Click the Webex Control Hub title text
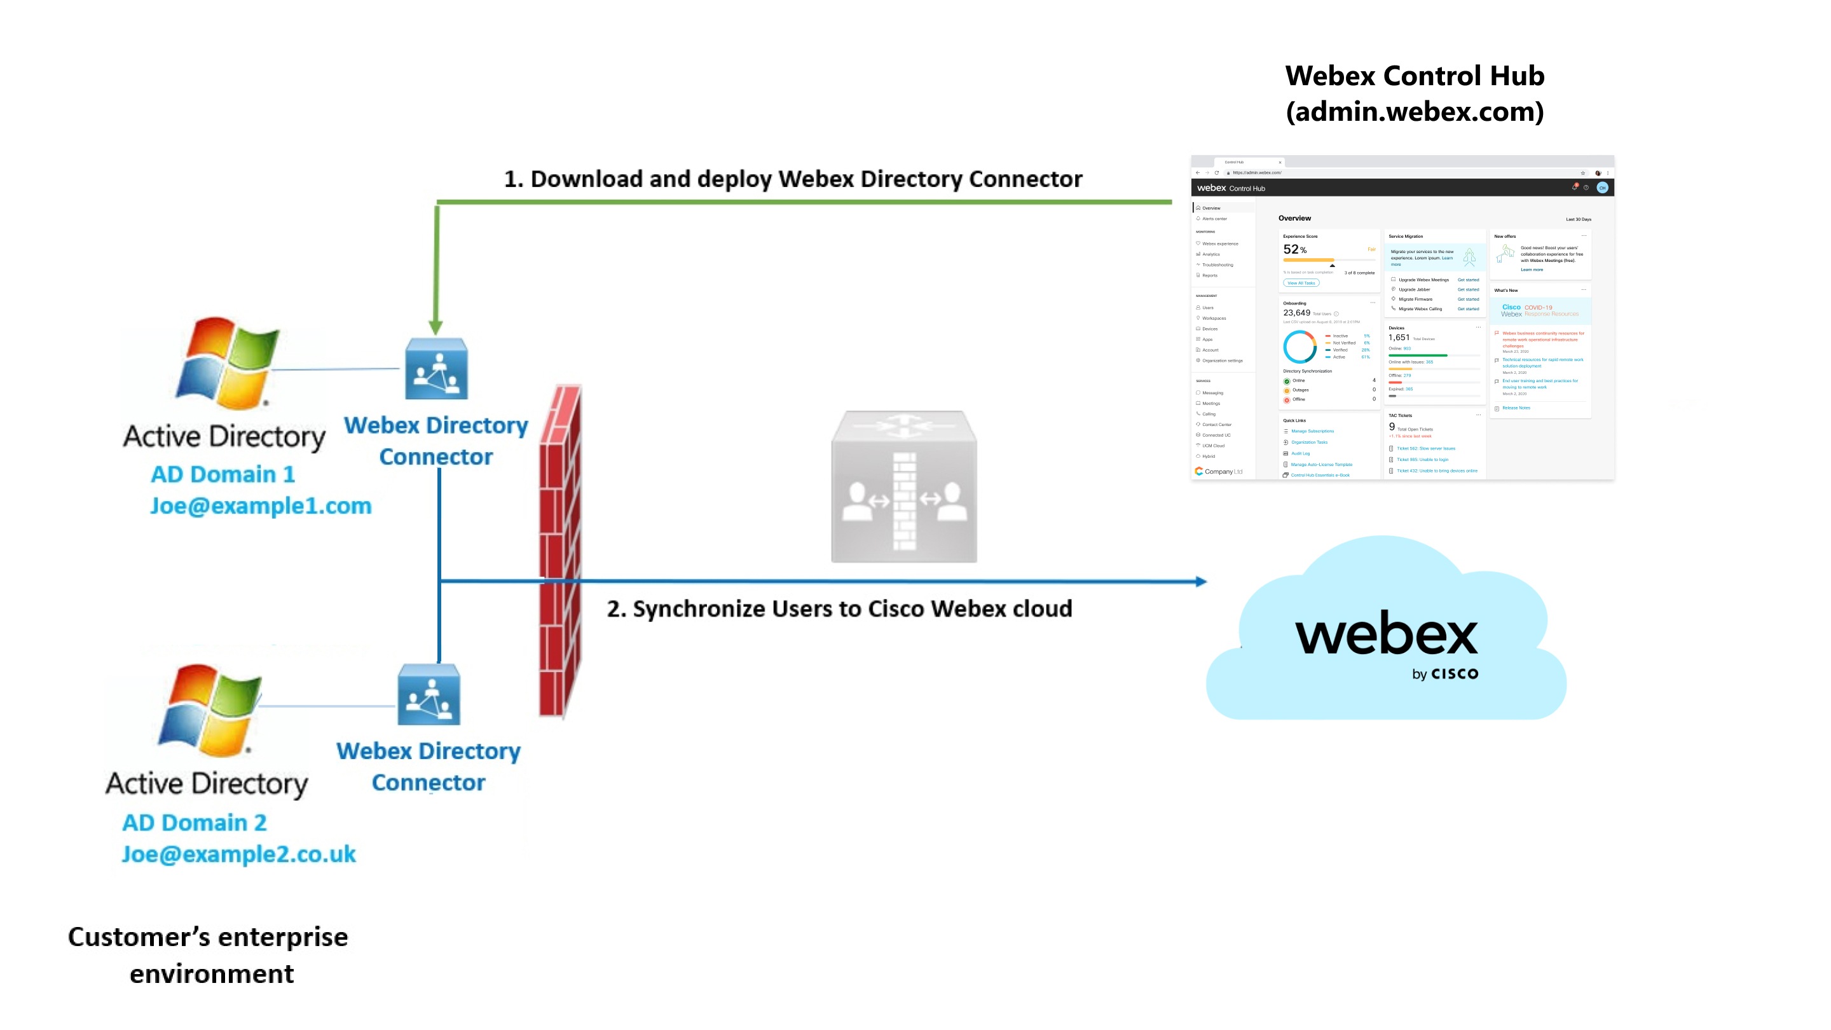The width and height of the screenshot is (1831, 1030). pos(1414,76)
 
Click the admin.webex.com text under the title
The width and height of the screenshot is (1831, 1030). pos(1414,113)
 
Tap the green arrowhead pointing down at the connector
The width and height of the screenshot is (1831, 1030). pos(435,327)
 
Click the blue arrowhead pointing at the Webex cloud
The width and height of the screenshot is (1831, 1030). pos(1200,582)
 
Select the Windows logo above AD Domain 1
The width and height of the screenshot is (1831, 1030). pos(226,363)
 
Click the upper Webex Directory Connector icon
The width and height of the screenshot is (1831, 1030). pos(435,369)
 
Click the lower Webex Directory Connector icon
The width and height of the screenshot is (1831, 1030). pos(429,694)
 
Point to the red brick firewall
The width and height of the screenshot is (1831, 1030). pos(560,551)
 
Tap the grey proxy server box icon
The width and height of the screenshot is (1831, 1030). pos(903,487)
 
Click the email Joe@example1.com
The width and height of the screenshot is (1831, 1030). pos(260,506)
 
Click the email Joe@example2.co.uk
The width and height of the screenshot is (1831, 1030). pos(238,854)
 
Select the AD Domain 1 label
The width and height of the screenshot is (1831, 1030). pos(223,474)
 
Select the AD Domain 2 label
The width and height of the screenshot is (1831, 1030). pos(194,823)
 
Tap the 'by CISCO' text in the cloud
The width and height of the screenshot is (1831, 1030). pos(1444,673)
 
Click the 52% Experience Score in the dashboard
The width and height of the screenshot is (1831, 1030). pos(1294,249)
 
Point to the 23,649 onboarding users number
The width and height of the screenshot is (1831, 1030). pos(1296,313)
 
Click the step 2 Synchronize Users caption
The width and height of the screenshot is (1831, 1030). pos(839,609)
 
